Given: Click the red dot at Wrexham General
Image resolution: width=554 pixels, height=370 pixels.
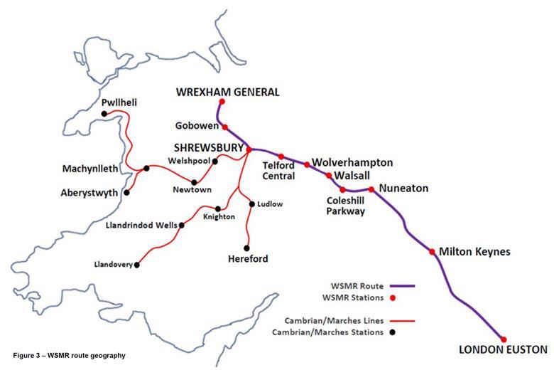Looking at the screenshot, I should click(222, 102).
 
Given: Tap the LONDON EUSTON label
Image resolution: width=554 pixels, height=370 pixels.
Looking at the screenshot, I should click(503, 350).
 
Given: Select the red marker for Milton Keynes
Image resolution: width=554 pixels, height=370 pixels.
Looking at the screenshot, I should click(432, 251).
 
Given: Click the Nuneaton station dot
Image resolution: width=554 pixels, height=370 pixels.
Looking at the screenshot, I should click(371, 189).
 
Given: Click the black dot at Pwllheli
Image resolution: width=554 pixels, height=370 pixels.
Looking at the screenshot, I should click(104, 114).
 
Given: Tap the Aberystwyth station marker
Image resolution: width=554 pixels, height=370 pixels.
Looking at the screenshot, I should click(126, 192).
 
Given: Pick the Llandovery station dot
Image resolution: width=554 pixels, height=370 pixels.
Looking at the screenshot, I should click(136, 265).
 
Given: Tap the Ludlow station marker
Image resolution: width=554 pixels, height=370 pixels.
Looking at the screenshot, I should click(251, 204).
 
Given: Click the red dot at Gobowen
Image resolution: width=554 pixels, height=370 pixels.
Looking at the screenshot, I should click(225, 127).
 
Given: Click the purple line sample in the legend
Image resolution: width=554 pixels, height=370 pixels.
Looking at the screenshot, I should click(401, 286).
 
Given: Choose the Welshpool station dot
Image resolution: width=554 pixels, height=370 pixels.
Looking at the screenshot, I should click(216, 161).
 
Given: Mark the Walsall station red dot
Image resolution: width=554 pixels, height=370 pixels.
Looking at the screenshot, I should click(328, 175).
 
